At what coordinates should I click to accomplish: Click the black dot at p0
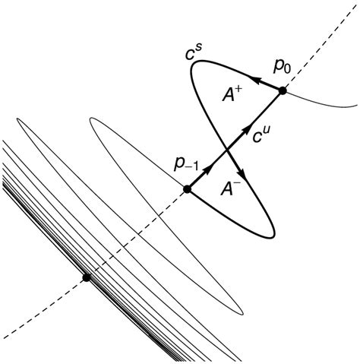pos(283,90)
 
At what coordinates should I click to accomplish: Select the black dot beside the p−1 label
pos(187,189)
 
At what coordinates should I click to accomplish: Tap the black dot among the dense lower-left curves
pos(87,277)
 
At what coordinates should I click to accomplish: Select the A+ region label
pos(232,95)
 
